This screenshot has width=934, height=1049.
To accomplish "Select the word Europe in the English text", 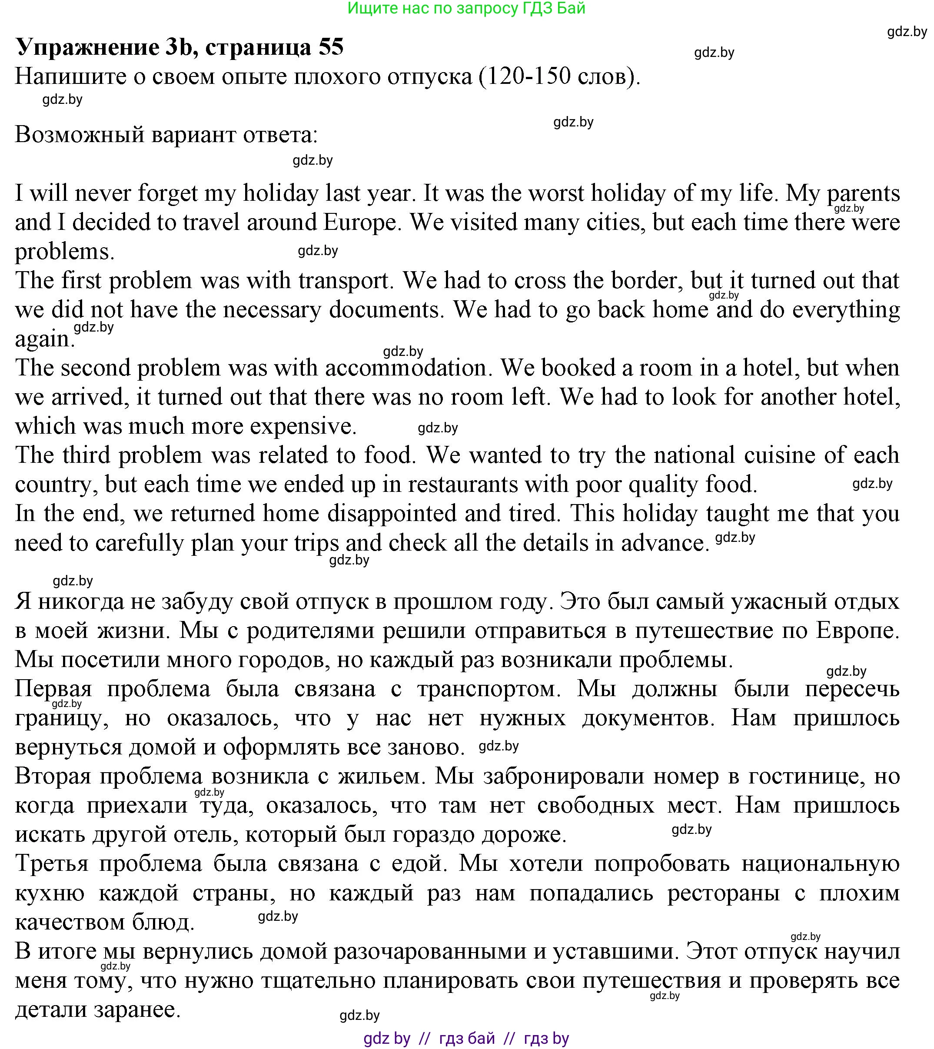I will tap(361, 222).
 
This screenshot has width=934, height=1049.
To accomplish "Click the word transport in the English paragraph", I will tap(343, 281).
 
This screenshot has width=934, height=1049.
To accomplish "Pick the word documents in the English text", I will tap(386, 310).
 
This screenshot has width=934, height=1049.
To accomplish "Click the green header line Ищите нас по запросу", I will tap(466, 8).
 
